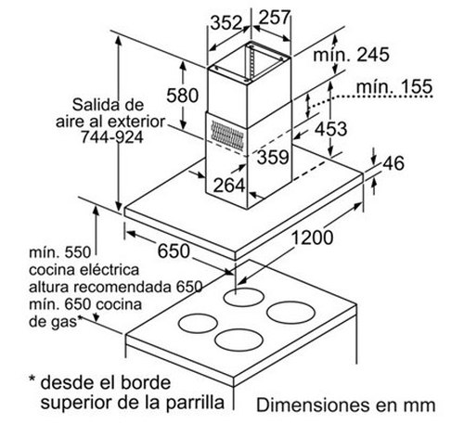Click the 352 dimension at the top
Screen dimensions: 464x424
226,22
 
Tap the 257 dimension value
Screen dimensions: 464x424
275,18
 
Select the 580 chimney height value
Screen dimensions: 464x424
183,95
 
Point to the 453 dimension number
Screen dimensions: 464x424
330,129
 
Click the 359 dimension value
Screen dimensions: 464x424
273,157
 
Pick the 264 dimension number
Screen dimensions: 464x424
229,186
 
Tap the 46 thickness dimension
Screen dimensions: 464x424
393,163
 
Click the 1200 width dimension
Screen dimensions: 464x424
313,238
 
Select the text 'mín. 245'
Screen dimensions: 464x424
352,55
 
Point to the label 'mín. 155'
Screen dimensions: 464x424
394,86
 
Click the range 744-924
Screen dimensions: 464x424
112,136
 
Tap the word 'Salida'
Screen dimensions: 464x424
93,105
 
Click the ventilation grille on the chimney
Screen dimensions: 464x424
227,135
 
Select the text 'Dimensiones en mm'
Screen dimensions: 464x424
346,405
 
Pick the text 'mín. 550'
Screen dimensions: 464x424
60,252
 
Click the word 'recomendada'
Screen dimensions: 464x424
122,287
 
